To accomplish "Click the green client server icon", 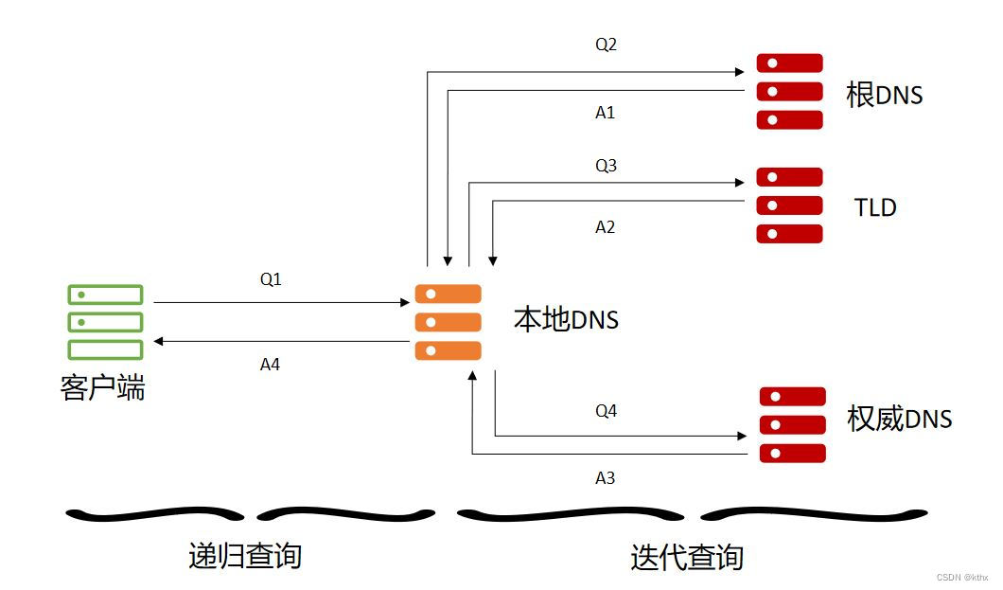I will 105,322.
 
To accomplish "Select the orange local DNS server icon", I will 448,322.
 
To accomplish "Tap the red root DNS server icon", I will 789,92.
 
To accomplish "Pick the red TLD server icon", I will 789,206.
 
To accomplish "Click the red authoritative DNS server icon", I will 792,424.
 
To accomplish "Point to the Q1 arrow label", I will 271,280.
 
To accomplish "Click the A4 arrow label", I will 270,364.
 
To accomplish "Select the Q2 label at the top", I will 606,45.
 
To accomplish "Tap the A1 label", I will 605,113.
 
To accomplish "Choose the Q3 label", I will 606,166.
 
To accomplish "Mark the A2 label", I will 605,227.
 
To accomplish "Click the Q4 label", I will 606,411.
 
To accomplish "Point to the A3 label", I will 605,478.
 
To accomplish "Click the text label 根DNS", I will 884,95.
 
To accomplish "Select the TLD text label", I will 874,207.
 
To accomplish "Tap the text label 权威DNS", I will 899,419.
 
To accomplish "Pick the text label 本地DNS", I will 566,320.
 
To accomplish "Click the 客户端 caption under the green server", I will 103,388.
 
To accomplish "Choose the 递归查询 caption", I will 245,556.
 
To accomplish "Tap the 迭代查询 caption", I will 687,557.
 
